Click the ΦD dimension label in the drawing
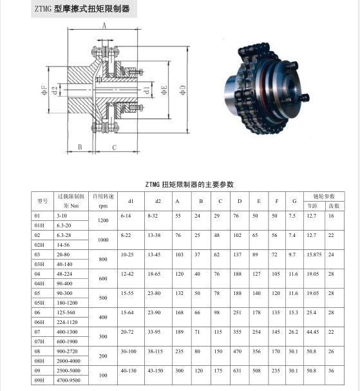pyautogui.click(x=183, y=90)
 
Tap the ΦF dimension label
pyautogui.click(x=44, y=90)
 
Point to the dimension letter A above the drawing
pyautogui.click(x=104, y=25)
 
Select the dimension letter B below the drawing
pyautogui.click(x=80, y=147)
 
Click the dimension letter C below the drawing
pyautogui.click(x=114, y=148)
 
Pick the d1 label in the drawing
pyautogui.click(x=147, y=90)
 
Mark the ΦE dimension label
pyautogui.click(x=164, y=90)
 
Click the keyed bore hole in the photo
pyautogui.click(x=292, y=87)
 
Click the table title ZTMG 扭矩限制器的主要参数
pyautogui.click(x=189, y=184)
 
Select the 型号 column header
pyautogui.click(x=43, y=201)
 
